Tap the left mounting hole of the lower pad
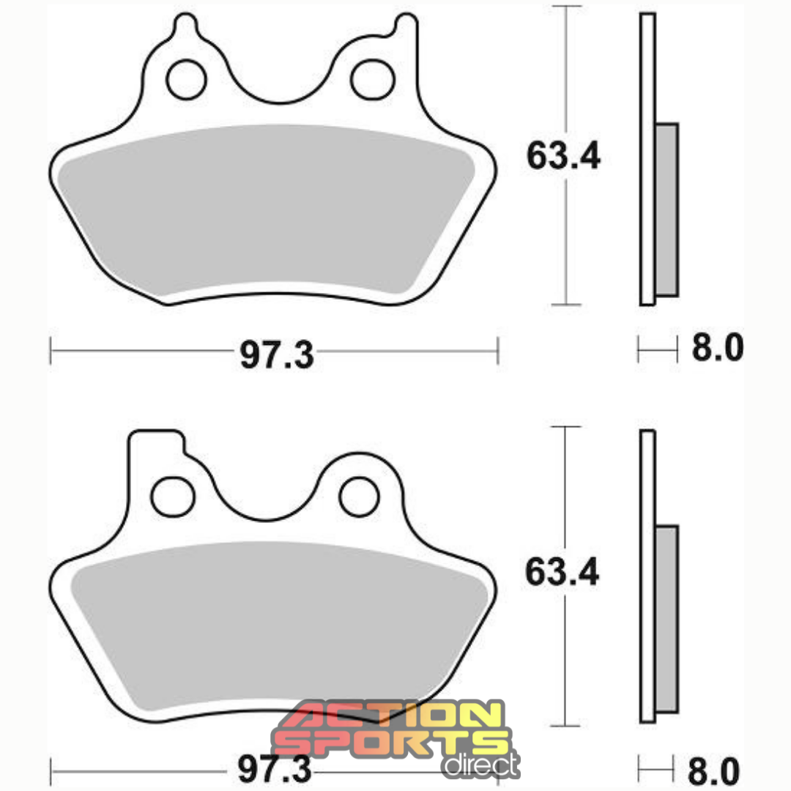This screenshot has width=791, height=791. (x=171, y=496)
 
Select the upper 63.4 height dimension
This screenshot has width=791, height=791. (x=563, y=156)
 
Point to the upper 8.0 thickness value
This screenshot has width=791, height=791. (x=717, y=349)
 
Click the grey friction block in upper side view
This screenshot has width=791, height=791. (x=666, y=209)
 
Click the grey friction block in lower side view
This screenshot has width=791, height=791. (x=666, y=619)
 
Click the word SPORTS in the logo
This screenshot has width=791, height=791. (x=388, y=742)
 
